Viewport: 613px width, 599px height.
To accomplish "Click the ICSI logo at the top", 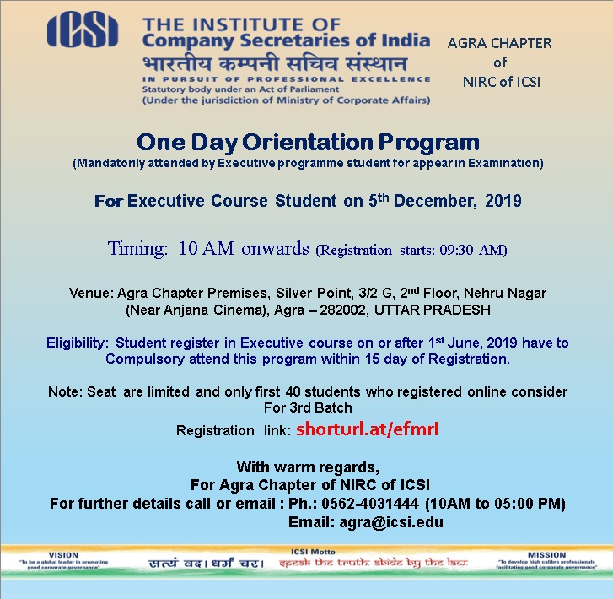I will click(83, 31).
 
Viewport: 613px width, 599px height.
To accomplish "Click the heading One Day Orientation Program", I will click(308, 141).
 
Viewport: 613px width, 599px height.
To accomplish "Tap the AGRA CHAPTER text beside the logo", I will click(499, 43).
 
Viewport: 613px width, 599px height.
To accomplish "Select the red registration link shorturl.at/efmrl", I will click(367, 429).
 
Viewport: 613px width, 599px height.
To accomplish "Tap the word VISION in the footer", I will click(63, 556).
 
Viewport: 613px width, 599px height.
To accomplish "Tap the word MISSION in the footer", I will click(547, 556).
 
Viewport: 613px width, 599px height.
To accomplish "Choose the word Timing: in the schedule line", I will click(138, 248).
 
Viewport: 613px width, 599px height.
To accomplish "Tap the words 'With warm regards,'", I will click(308, 467).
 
